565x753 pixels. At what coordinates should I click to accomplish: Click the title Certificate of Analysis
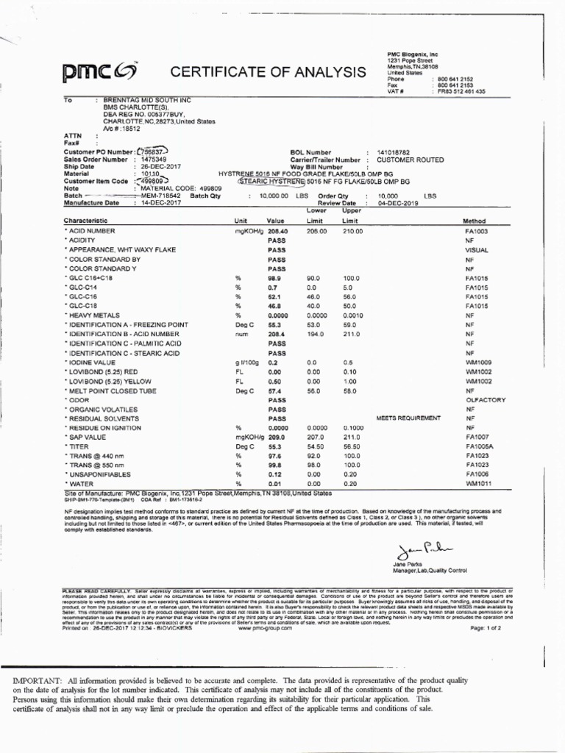(268, 71)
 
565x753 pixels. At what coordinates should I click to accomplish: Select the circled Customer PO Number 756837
(153, 151)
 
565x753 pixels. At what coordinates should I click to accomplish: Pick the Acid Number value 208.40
(277, 231)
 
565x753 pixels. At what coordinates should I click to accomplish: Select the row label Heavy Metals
(93, 314)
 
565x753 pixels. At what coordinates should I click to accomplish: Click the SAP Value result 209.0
(277, 436)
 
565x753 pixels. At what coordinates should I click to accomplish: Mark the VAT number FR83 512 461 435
(461, 91)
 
